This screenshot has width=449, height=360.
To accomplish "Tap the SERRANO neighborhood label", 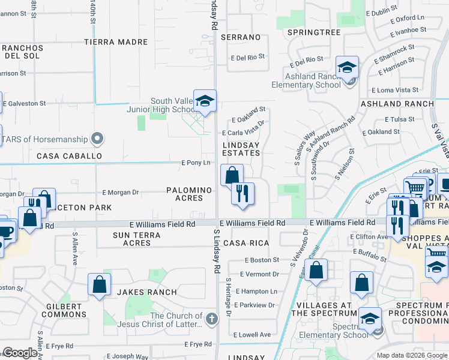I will tap(241, 37).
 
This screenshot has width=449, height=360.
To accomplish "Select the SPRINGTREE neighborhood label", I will tap(314, 32).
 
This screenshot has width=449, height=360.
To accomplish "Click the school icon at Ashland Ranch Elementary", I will tap(347, 68).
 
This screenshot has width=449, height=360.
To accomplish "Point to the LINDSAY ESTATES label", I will tap(241, 149).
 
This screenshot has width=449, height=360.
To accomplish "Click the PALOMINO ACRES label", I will tap(189, 194).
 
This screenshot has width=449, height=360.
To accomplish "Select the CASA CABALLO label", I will tap(69, 156).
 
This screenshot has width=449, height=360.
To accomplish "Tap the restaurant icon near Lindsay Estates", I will tap(243, 193).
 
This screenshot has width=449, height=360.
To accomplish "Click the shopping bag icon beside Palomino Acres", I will tap(232, 176).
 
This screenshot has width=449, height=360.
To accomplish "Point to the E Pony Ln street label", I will tap(196, 163).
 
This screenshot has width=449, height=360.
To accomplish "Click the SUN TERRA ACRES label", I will tap(137, 239).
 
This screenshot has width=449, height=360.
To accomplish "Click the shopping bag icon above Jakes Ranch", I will tap(100, 284).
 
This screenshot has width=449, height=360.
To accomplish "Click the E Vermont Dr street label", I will tap(259, 274).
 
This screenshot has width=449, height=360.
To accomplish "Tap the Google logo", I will tap(20, 353).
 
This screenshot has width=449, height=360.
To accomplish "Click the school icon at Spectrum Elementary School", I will tap(370, 318).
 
